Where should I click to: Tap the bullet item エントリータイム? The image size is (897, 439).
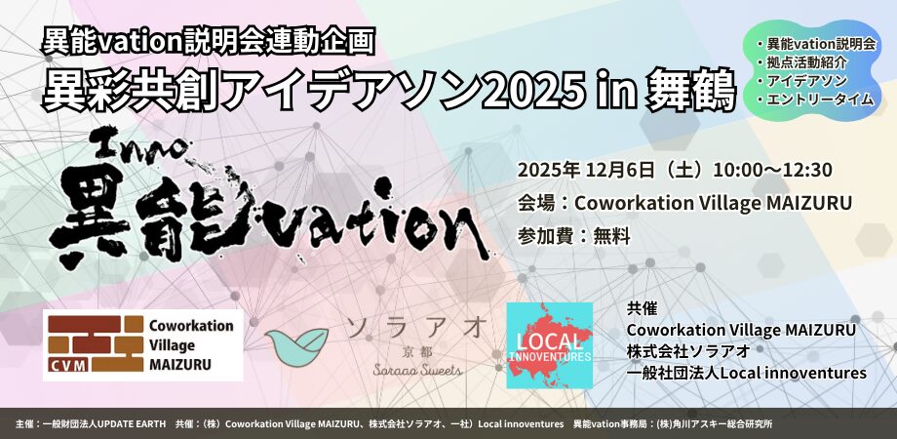[820, 99]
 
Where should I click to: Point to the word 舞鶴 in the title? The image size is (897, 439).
[690, 92]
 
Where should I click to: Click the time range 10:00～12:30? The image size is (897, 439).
[769, 170]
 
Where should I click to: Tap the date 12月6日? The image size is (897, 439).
[619, 170]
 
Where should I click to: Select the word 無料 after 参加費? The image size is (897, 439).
[611, 236]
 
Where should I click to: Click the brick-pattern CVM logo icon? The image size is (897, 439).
[96, 344]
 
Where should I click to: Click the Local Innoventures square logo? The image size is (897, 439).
[549, 345]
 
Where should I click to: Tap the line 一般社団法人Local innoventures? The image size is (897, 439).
[747, 374]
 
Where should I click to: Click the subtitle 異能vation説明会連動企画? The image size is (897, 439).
[209, 42]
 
